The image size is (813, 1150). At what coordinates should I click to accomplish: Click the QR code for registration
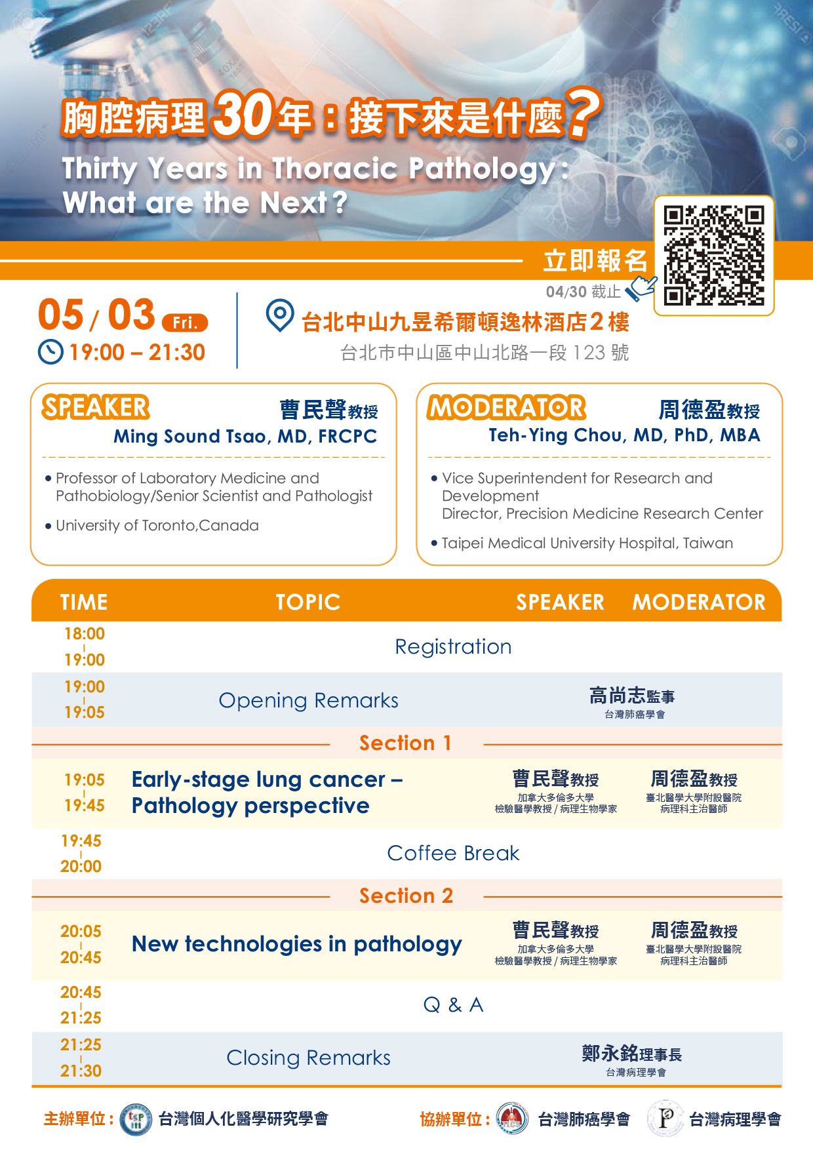[714, 256]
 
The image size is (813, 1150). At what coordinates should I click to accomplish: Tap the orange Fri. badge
[185, 323]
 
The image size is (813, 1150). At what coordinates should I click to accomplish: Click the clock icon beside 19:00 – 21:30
[50, 352]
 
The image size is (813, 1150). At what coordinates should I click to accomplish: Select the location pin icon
[280, 315]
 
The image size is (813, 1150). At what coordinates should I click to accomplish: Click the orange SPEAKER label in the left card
[96, 407]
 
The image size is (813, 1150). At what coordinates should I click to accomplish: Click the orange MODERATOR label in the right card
[506, 407]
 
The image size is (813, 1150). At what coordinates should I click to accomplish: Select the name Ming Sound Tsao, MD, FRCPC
[245, 437]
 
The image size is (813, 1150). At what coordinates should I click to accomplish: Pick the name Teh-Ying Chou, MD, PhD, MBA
[624, 435]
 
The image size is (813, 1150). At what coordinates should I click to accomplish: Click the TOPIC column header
[308, 602]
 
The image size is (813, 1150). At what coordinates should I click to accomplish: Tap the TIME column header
[84, 602]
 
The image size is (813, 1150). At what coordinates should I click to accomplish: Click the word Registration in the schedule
[453, 647]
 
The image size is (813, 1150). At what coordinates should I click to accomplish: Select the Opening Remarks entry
[308, 700]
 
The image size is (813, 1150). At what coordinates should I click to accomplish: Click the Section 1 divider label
[405, 743]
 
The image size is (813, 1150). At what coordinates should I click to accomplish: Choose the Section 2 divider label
[406, 896]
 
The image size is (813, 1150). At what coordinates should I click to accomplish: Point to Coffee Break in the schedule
[453, 853]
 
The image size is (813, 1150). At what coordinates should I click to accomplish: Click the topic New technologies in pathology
[297, 944]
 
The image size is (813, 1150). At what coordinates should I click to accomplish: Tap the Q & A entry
[453, 1004]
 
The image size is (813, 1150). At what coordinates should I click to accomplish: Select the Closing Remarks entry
[308, 1058]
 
